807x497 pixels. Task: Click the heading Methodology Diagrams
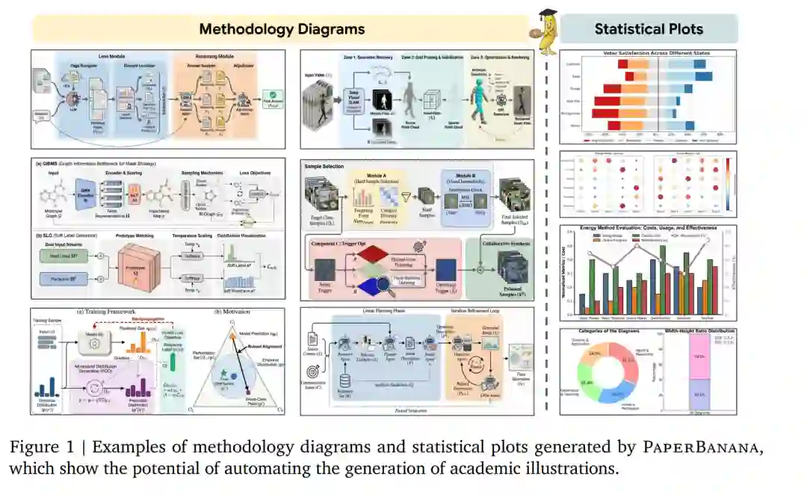[282, 29]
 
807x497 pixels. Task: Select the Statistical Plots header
[648, 29]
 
